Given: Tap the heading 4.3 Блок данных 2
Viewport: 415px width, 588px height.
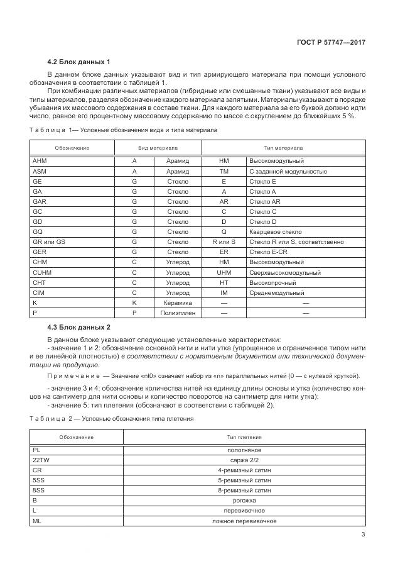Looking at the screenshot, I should [x=78, y=328].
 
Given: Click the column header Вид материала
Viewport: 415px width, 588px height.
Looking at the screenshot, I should [x=157, y=147].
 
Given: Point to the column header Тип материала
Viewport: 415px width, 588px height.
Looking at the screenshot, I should [x=283, y=147].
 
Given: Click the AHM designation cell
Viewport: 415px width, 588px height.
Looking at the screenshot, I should [x=40, y=161].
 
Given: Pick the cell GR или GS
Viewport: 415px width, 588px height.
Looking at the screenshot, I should [x=48, y=241].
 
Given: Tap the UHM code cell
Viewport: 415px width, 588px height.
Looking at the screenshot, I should [x=224, y=273].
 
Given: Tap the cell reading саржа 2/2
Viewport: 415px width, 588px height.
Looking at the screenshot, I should [x=244, y=460].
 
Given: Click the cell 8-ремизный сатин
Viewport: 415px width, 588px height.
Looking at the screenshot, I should [x=244, y=491].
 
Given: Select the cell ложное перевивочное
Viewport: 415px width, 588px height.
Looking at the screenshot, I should [x=244, y=521].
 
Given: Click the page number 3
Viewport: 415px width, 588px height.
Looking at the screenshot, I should [x=364, y=535].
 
